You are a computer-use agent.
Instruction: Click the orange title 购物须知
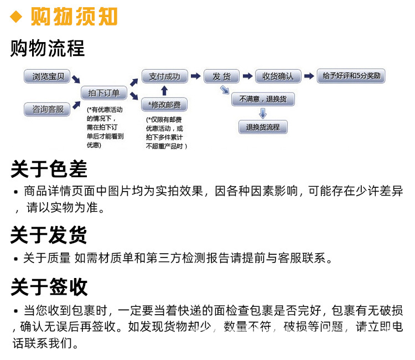[74, 17]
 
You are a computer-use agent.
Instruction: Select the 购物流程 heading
[48, 49]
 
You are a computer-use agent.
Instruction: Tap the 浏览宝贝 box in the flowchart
[48, 76]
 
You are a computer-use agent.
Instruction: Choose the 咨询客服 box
[48, 109]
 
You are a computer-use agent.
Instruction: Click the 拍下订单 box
[104, 93]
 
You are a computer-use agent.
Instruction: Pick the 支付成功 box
[164, 76]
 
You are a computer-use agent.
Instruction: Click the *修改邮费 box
[164, 105]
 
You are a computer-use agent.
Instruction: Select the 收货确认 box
[278, 76]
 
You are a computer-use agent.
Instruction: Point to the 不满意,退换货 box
[263, 99]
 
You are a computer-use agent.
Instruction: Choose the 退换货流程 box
[263, 127]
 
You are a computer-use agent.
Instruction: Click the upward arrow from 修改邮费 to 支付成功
[164, 91]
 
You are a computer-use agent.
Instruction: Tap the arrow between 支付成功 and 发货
[195, 76]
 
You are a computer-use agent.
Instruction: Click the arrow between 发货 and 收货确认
[247, 76]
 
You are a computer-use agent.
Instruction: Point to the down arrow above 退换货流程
[263, 113]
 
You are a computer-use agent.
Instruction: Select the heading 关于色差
[49, 169]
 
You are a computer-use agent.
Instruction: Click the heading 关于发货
[49, 235]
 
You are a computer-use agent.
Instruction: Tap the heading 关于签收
[49, 287]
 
